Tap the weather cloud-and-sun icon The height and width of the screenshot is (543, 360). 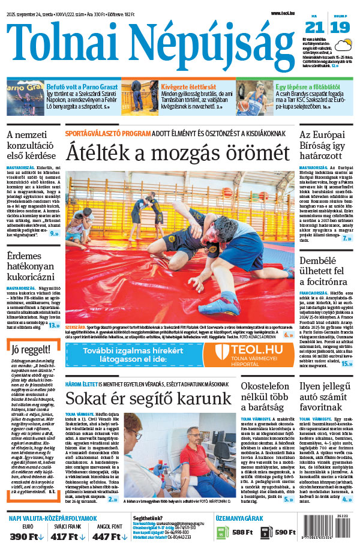344,46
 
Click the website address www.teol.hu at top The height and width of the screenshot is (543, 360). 284,13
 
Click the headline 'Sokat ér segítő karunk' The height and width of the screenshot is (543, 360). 148,398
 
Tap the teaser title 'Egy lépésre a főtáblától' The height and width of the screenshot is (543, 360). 305,86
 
